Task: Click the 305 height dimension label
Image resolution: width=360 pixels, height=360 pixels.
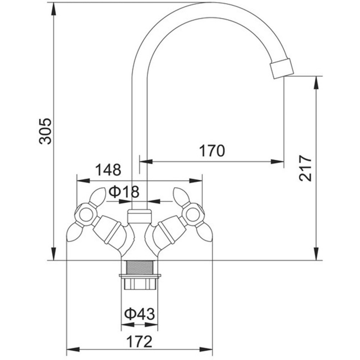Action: click(x=45, y=131)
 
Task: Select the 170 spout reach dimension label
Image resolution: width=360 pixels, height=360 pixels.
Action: click(x=212, y=151)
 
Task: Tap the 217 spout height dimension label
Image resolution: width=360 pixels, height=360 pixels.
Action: click(x=305, y=168)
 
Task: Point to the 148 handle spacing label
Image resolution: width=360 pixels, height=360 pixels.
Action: click(x=108, y=170)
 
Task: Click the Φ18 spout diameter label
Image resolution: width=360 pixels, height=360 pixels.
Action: click(x=124, y=192)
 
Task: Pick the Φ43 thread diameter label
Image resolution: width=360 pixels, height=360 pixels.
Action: click(x=140, y=314)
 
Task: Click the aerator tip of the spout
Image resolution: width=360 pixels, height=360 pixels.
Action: click(x=282, y=68)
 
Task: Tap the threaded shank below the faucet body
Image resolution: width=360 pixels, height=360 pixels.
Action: click(x=139, y=267)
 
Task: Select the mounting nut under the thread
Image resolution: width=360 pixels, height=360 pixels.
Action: click(x=140, y=282)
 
